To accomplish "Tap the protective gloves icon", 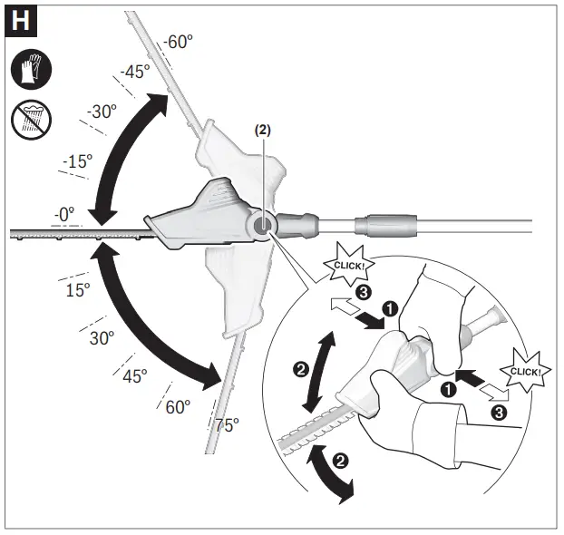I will [30, 69].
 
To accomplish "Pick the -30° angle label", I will [102, 112].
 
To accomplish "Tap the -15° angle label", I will [77, 161].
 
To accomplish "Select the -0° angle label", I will [63, 213].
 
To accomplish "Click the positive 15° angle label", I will [77, 290].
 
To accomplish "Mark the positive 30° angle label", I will [102, 338].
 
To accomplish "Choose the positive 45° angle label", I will [133, 376].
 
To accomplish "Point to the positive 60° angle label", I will [178, 406].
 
